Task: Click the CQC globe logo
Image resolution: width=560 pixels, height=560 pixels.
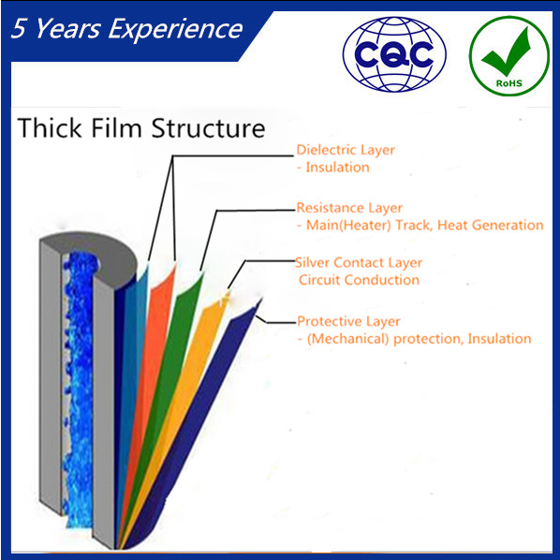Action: (x=394, y=54)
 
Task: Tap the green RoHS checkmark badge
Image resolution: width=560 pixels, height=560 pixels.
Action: (x=508, y=56)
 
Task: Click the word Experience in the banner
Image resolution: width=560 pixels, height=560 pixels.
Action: (x=175, y=29)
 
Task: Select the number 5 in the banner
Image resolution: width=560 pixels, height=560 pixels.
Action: (x=19, y=28)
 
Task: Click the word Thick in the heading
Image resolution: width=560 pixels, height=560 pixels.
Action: (x=50, y=127)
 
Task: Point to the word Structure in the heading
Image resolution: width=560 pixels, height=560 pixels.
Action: (x=208, y=128)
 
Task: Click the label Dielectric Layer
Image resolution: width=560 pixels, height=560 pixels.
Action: (x=346, y=150)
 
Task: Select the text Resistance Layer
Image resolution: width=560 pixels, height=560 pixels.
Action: (x=349, y=208)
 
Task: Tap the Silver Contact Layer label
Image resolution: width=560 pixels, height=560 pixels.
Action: (x=359, y=263)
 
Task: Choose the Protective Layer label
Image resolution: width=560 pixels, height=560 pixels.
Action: (x=348, y=321)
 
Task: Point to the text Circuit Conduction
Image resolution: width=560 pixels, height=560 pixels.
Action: (x=359, y=280)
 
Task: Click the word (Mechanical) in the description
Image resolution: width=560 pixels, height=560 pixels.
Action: (x=347, y=339)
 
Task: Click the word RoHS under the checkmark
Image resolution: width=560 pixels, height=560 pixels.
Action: (x=509, y=83)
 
